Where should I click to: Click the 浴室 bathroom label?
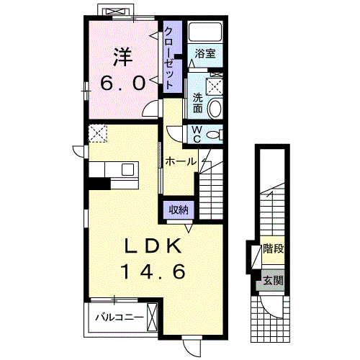205,53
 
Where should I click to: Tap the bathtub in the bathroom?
204,32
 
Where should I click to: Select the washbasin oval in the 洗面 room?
215,109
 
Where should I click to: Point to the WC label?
197,135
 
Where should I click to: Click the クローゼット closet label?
168,58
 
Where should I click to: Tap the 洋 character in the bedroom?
123,57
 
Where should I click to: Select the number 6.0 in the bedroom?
123,83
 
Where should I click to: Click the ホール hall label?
181,161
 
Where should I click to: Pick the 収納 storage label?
179,210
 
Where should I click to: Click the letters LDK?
153,246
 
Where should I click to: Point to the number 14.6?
154,271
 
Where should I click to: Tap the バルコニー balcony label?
120,318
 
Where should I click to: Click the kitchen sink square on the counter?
127,169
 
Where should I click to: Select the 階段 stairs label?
274,248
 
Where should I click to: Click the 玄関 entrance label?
274,280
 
